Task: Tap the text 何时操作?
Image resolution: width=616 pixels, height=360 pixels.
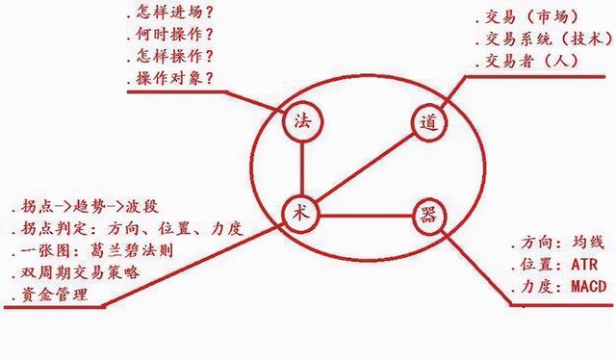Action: pyautogui.click(x=173, y=37)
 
